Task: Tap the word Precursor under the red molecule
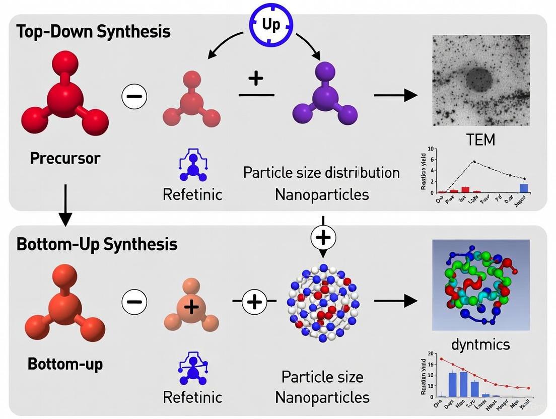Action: [x=65, y=158]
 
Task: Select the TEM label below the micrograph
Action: [x=480, y=139]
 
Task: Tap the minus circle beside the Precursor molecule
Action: [x=134, y=96]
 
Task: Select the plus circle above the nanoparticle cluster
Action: [x=323, y=237]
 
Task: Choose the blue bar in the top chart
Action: [x=524, y=188]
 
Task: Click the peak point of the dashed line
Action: [x=473, y=162]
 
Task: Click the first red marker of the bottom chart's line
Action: [x=441, y=359]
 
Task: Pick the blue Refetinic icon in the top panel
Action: [x=192, y=167]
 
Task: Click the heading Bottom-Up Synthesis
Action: [x=97, y=244]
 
